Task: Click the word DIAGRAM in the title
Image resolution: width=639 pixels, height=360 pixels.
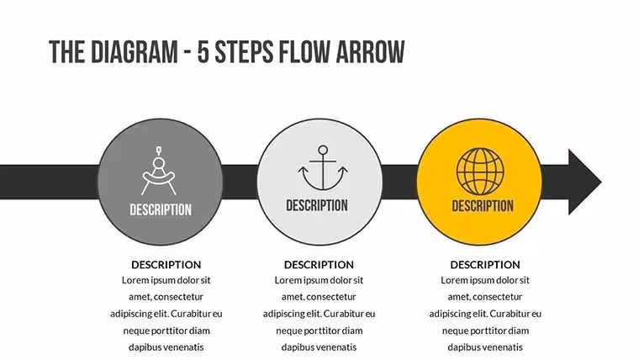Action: tap(134, 52)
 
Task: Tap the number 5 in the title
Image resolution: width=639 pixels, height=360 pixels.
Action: tap(203, 52)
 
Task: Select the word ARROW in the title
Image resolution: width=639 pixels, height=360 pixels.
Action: tap(370, 52)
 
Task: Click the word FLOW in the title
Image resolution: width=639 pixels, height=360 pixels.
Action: tap(304, 52)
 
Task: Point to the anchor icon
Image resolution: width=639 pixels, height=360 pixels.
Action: tap(323, 168)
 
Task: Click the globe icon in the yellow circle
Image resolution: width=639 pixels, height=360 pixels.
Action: tap(480, 172)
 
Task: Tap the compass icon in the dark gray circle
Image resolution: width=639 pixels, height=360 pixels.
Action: tap(159, 171)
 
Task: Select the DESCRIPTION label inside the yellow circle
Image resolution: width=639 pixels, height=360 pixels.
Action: tap(483, 206)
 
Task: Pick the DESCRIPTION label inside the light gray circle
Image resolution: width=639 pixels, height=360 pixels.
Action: tap(317, 205)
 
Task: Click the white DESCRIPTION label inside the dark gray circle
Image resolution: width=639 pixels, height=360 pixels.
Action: tap(161, 210)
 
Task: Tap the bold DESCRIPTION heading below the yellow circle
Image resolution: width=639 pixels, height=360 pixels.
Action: tap(485, 265)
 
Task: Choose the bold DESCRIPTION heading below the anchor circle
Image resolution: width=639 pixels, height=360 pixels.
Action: tap(319, 265)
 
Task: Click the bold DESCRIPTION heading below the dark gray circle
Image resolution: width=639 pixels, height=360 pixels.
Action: tap(166, 265)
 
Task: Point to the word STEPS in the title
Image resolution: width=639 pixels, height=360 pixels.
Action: tap(244, 52)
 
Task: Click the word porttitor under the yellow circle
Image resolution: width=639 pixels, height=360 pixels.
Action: tap(484, 331)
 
